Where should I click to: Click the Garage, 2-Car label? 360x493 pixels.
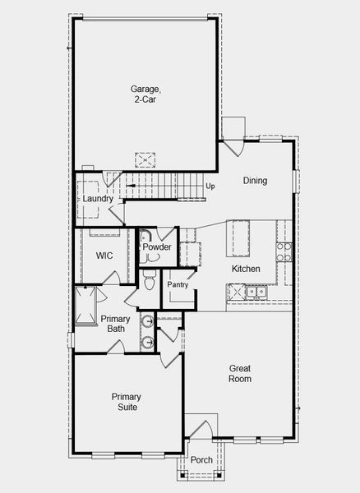point(144,94)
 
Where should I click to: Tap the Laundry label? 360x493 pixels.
point(98,199)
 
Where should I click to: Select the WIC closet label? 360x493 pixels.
point(104,256)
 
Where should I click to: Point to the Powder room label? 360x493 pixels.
point(156,246)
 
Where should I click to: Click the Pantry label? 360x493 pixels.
point(178,284)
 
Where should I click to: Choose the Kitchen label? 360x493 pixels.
point(246,269)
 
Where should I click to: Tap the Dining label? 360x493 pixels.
point(255,180)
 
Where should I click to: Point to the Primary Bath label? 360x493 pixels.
point(113,324)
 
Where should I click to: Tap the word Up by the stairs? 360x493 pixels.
point(210,186)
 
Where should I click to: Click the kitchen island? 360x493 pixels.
point(242,238)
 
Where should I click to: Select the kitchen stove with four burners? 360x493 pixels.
point(284,251)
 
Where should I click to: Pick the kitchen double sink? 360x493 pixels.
point(258,291)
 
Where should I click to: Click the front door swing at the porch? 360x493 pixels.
point(200,429)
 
